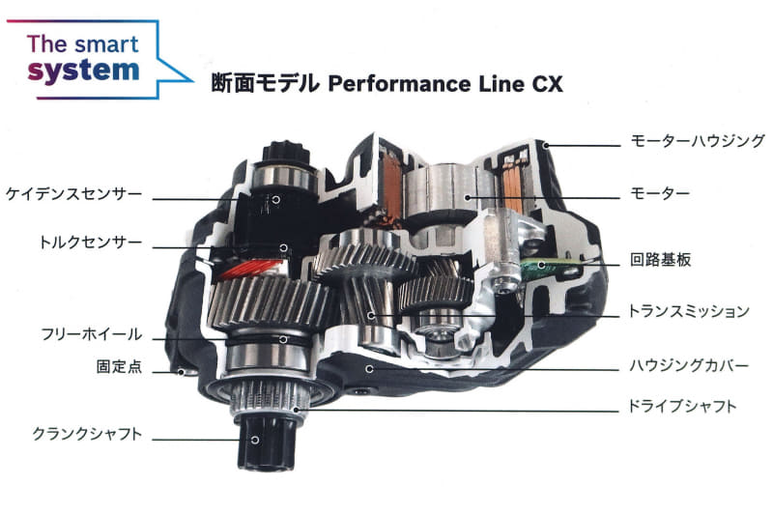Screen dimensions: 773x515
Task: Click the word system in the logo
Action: [x=83, y=72]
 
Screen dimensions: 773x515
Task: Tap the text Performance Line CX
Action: [x=445, y=84]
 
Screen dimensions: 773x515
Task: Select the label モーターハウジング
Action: [x=697, y=141]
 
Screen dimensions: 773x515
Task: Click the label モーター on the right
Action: [x=660, y=192]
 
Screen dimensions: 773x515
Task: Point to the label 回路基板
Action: [x=660, y=259]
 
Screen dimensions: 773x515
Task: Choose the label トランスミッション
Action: [x=688, y=311]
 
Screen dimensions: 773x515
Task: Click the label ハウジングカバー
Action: [x=688, y=365]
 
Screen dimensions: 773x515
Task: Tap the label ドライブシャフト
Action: [x=682, y=407]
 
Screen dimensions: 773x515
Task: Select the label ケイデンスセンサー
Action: [x=74, y=193]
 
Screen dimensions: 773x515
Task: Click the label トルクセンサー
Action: [x=91, y=242]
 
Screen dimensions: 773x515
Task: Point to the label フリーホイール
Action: [x=92, y=334]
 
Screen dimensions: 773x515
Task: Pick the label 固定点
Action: [x=119, y=366]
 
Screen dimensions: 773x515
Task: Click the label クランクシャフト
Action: [x=87, y=434]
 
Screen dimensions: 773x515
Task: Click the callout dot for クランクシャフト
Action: [x=255, y=440]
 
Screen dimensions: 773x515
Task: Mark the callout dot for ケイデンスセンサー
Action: [x=276, y=199]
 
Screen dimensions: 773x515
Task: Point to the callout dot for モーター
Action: [x=468, y=198]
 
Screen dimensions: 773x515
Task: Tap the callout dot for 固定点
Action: [x=182, y=372]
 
